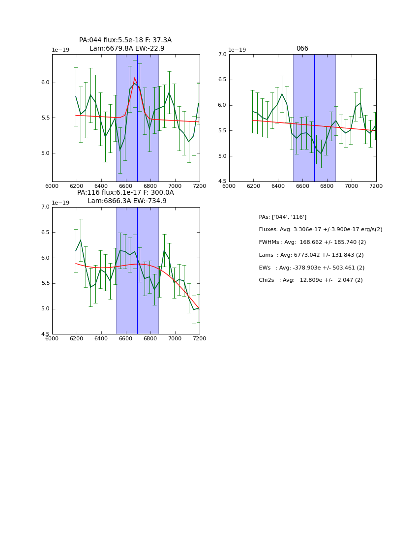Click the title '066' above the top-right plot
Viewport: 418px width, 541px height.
pos(302,49)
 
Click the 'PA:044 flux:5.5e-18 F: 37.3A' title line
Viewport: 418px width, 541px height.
pos(125,40)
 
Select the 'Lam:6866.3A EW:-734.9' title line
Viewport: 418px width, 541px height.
pos(127,201)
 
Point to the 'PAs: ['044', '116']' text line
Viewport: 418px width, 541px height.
pos(282,217)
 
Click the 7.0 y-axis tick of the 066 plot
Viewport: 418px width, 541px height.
pos(222,55)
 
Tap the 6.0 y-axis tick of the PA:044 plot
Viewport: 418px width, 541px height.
pos(45,83)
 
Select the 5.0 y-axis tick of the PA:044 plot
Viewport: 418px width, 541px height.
pos(45,153)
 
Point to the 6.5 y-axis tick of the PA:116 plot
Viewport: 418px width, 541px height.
pos(45,233)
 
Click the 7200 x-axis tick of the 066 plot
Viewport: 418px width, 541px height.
pos(376,186)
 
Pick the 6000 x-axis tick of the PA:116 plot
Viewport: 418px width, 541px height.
pos(52,338)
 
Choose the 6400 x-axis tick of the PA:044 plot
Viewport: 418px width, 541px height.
pos(101,186)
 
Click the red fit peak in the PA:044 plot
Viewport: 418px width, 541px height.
pos(135,78)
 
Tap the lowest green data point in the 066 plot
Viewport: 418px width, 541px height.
pos(321,153)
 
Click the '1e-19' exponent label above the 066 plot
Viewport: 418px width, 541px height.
pos(237,50)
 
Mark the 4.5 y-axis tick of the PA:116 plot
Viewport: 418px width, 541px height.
pos(45,334)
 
